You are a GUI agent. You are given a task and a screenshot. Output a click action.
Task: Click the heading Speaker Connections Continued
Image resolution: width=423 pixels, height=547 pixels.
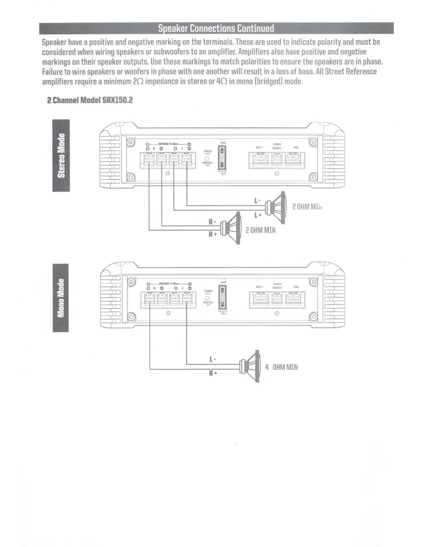[x=216, y=28]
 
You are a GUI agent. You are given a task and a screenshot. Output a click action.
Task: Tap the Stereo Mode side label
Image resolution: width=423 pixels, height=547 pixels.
[x=61, y=155]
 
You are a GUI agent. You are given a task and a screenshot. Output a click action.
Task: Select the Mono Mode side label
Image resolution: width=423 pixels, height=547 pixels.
[x=61, y=298]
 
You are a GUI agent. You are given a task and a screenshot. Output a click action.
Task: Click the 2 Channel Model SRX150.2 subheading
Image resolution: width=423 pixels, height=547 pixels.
[x=90, y=100]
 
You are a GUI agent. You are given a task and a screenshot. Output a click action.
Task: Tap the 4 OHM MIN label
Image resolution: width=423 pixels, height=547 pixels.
[x=281, y=367]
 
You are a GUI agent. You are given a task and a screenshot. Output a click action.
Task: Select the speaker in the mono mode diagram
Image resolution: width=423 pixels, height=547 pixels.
[x=251, y=366]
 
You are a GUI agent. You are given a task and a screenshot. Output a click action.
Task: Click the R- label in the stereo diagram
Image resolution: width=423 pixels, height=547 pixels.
[x=212, y=222]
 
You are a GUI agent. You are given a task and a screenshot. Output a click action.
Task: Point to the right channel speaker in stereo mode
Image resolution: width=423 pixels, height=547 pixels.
[x=232, y=228]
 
